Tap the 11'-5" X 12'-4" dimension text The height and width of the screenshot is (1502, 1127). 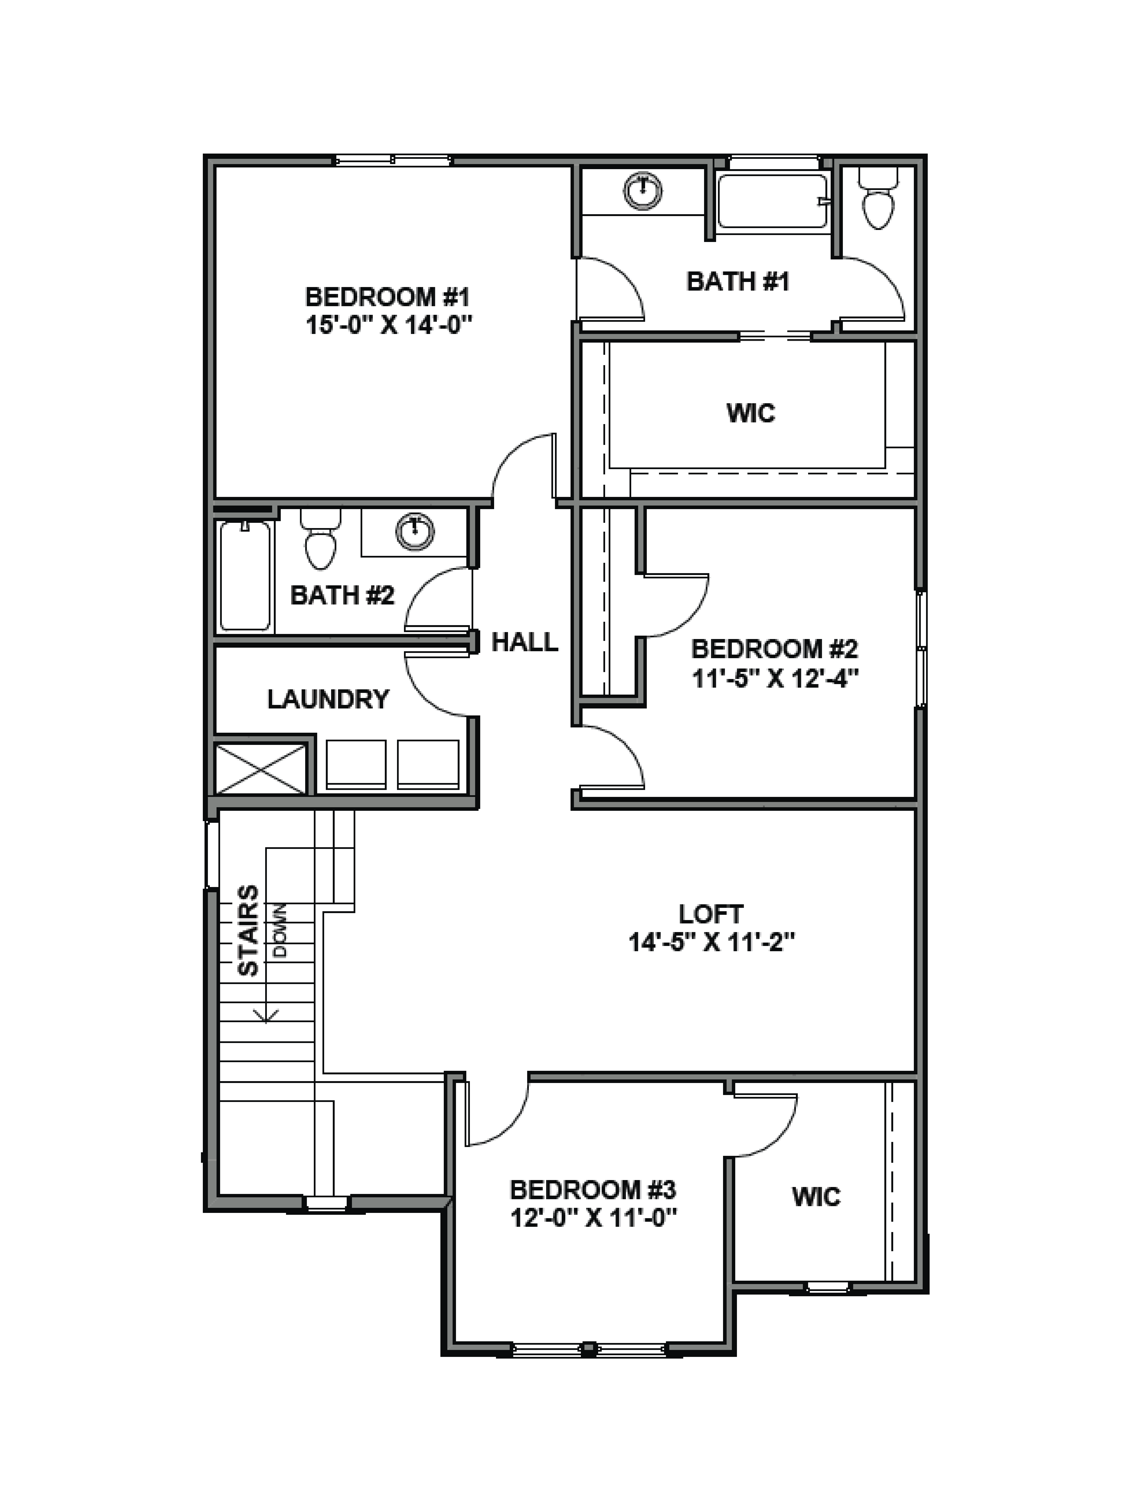click(x=775, y=678)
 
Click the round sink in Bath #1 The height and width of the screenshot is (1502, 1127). click(x=642, y=190)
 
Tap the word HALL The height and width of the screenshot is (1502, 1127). click(x=525, y=642)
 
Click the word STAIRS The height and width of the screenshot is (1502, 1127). click(x=249, y=930)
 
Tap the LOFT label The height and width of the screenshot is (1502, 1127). click(x=711, y=914)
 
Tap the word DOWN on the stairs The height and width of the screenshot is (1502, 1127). click(x=280, y=930)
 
